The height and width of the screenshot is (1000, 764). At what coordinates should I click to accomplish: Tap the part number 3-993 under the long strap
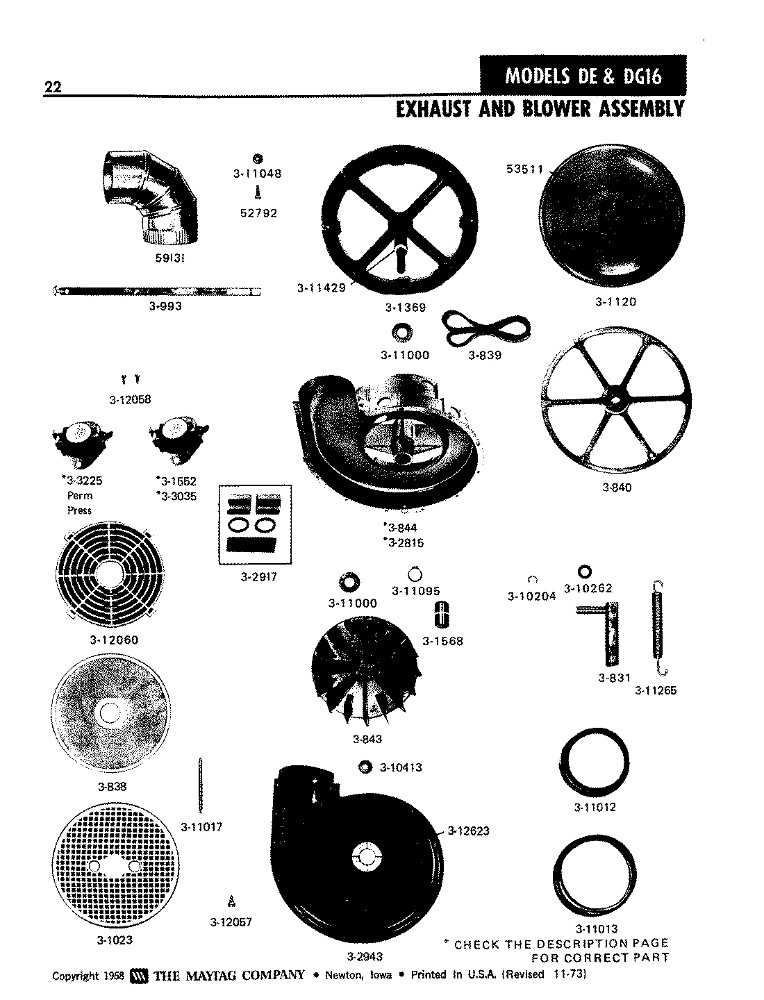[165, 306]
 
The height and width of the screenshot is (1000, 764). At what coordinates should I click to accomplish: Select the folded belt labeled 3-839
[486, 328]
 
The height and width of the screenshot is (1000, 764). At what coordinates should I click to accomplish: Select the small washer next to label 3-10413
[363, 767]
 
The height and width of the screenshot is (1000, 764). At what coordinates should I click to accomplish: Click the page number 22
[51, 87]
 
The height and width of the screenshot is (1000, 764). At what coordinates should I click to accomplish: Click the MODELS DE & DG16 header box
[582, 75]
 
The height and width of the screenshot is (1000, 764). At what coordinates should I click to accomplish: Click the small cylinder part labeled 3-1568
[439, 615]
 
